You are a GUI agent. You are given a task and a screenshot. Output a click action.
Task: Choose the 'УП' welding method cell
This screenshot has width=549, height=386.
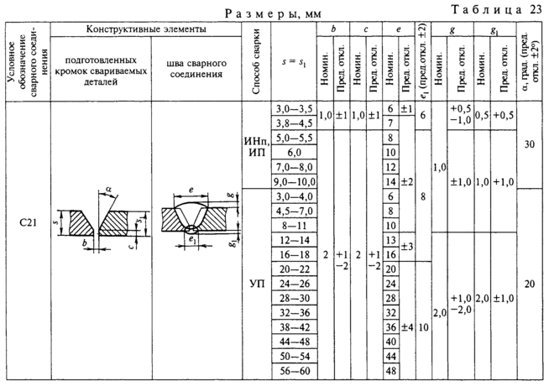point(257,283)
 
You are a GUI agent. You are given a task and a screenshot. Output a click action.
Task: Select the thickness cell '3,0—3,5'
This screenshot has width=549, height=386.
point(293,109)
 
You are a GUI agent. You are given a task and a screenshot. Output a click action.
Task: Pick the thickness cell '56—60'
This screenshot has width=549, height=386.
point(293,370)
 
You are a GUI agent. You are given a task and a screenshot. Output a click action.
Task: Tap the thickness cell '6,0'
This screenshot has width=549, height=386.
point(293,153)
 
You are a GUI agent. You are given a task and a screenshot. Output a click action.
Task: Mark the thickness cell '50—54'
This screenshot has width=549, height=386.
point(293,356)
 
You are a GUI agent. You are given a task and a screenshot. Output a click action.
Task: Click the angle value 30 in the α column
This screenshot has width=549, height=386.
point(529,144)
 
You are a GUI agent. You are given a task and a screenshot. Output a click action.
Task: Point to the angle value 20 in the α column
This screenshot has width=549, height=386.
point(529,284)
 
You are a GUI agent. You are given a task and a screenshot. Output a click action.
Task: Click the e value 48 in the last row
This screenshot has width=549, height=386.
point(390,370)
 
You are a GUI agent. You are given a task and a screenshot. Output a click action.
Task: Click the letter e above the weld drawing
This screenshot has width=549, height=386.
point(191,191)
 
